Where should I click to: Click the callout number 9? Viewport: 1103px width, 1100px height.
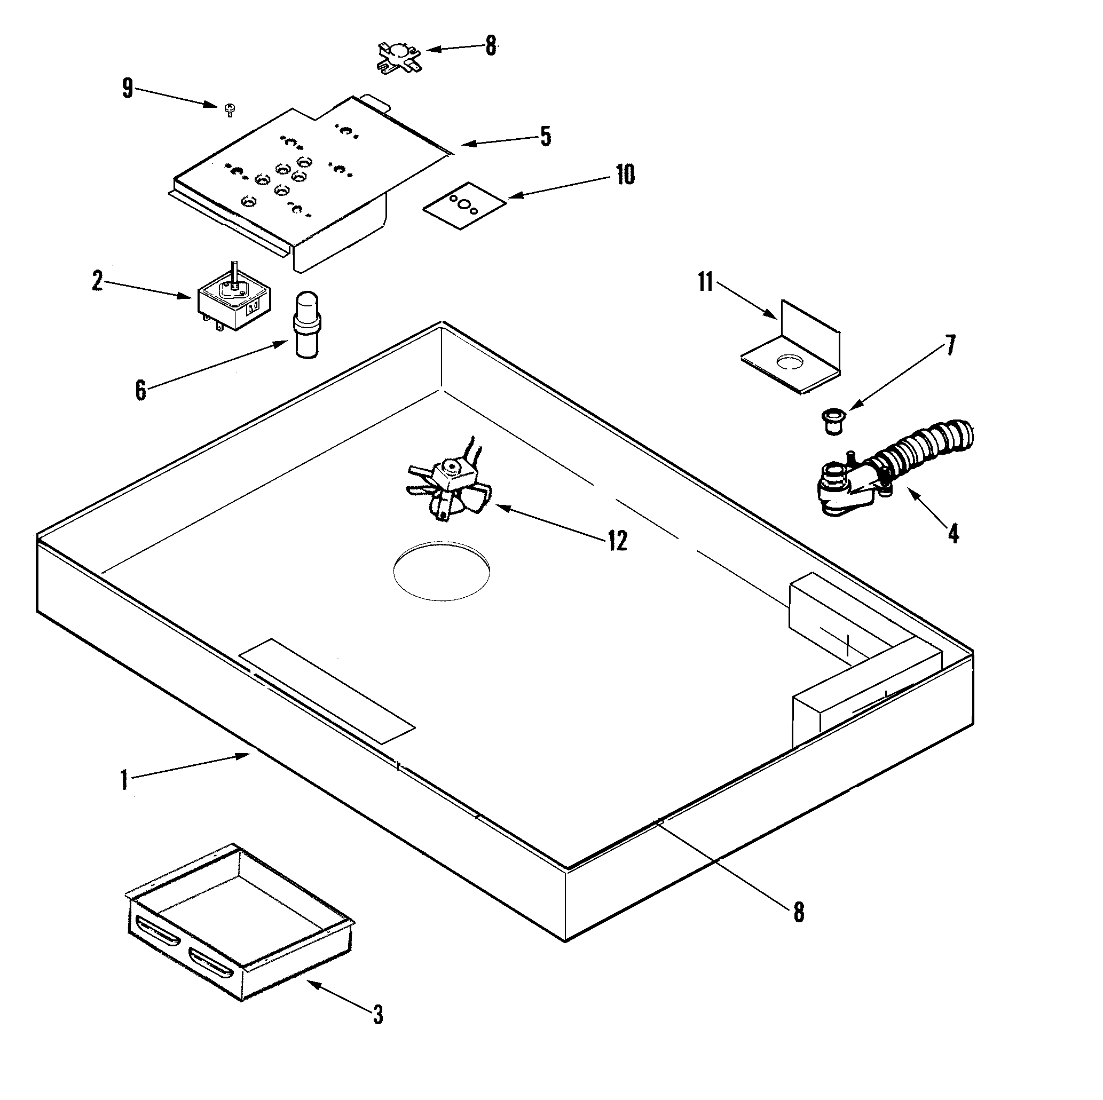127,89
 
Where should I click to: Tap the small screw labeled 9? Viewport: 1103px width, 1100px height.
230,109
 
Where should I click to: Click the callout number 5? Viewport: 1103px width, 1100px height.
546,137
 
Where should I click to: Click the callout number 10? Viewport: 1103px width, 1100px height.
625,175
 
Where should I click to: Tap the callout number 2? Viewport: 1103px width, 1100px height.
98,281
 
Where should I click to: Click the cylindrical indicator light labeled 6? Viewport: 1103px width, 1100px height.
308,325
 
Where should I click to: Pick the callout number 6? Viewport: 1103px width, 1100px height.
140,391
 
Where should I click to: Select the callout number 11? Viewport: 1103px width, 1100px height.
706,282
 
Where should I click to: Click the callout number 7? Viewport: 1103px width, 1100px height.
950,346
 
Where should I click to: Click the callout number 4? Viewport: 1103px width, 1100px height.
953,533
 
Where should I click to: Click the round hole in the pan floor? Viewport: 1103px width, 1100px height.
442,571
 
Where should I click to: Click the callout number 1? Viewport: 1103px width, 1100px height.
124,780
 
